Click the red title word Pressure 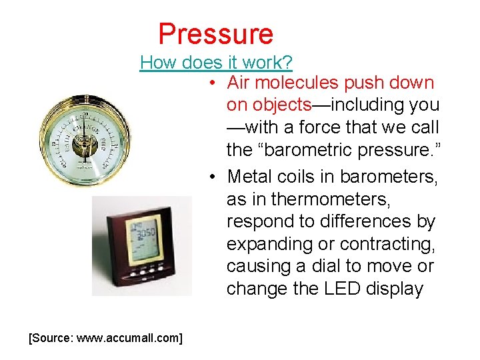click(x=215, y=33)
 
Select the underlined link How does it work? click(x=216, y=63)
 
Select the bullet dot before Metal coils click(x=210, y=177)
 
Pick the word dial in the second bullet click(x=337, y=267)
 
